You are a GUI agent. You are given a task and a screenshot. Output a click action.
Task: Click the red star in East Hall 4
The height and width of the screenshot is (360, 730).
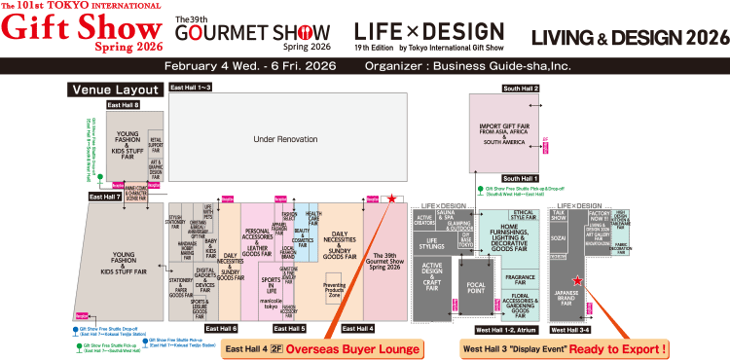(x=391, y=198)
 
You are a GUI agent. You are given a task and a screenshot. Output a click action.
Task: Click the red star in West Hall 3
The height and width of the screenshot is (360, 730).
(x=577, y=280)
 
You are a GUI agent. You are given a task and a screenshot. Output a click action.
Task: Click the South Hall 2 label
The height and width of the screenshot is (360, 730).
(x=521, y=89)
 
